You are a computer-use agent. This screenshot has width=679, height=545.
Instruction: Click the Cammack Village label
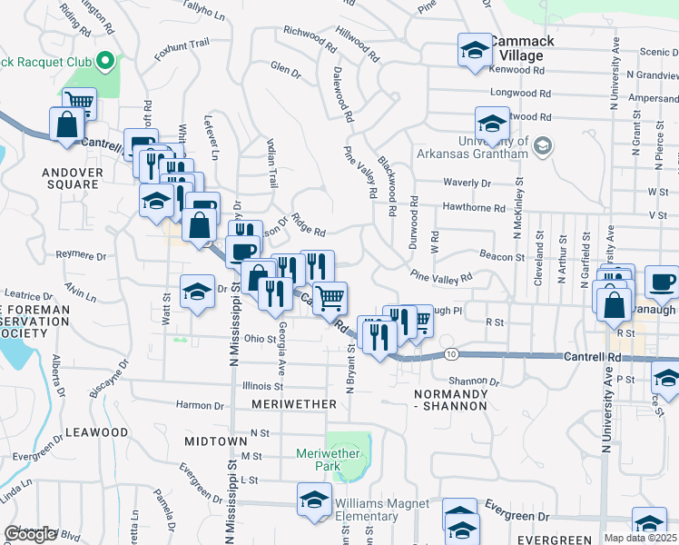coord(517,49)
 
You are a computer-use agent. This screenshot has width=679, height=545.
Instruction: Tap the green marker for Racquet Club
coord(105,62)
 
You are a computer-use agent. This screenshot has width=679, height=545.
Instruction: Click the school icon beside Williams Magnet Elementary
coord(314,500)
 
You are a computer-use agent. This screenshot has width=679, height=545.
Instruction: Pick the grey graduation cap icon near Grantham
coord(543,145)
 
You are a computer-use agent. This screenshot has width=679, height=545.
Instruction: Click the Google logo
coord(30,535)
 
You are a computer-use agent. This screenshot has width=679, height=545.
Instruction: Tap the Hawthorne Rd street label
coord(474,208)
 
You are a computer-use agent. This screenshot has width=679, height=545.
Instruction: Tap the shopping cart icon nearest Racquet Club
coord(79,103)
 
